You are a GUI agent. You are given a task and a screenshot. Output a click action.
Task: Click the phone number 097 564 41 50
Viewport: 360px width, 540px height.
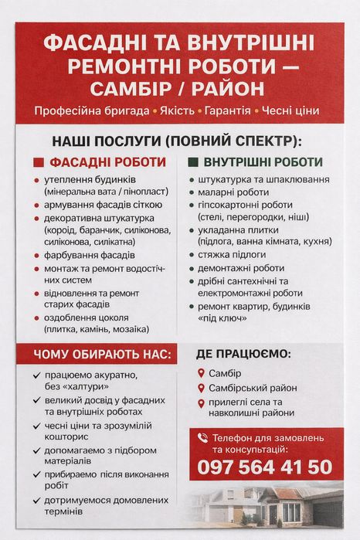265,467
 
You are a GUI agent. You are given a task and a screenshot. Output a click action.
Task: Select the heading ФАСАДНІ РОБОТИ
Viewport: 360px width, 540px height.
107,162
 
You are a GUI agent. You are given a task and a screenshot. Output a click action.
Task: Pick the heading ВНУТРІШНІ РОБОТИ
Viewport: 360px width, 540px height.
263,162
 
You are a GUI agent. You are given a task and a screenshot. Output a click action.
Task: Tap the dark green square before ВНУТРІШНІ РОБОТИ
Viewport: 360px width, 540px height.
193,163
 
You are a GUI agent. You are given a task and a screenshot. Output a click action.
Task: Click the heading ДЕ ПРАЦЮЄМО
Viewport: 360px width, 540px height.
244,354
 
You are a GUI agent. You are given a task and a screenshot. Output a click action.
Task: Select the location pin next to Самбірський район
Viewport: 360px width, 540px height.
201,389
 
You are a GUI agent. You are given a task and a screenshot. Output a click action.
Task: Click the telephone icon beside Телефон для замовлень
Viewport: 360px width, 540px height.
202,437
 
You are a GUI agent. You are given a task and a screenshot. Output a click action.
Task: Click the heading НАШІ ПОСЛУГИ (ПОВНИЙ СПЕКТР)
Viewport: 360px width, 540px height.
176,141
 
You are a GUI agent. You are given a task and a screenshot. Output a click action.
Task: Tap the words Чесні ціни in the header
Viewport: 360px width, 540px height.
290,110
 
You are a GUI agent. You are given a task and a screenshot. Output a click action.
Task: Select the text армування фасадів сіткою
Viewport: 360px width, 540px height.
103,205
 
